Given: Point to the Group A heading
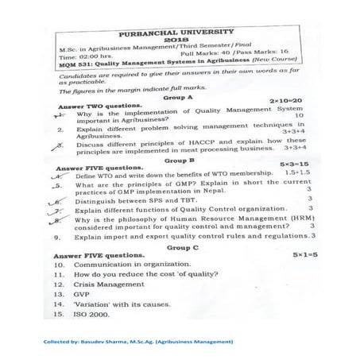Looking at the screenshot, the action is pyautogui.click(x=178, y=96).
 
